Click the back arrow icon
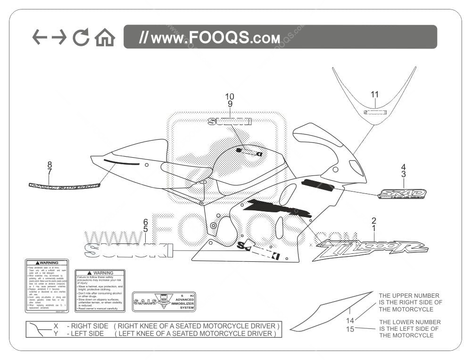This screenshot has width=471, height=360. tap(40, 37)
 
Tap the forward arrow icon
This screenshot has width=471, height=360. tap(59, 37)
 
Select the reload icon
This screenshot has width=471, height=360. tap(81, 37)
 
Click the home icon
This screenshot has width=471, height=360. tap(105, 37)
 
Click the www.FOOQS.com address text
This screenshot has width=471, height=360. tap(210, 37)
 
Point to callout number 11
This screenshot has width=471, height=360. tap(374, 94)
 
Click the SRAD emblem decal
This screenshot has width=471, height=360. tap(402, 194)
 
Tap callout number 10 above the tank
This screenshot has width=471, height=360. tap(230, 96)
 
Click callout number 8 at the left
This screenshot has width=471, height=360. tap(49, 164)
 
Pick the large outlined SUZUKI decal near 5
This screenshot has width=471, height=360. tap(128, 250)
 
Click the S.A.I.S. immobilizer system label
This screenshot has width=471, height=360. tap(164, 301)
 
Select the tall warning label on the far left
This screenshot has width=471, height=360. tap(47, 286)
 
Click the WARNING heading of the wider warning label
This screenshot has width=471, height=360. tap(100, 273)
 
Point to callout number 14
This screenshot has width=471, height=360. tap(350, 321)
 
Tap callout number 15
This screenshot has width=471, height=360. tap(350, 329)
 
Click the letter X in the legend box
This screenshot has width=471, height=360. tap(56, 326)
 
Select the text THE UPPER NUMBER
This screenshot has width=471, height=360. tap(409, 296)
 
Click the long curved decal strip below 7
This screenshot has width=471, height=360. tap(65, 185)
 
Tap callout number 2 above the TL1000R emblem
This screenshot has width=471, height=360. tap(374, 220)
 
